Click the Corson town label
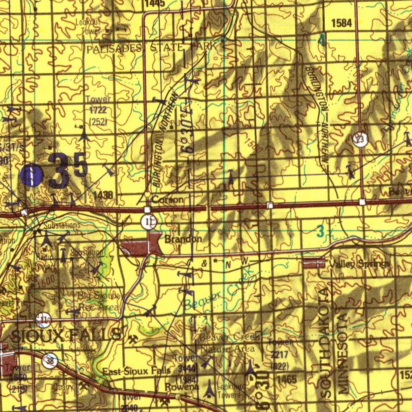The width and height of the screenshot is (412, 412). (x=168, y=200)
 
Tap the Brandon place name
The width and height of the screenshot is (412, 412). (x=183, y=239)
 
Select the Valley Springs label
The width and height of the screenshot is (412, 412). (x=359, y=264)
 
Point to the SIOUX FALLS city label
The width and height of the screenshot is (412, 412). (x=66, y=335)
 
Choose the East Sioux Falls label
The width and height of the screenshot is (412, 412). (x=136, y=371)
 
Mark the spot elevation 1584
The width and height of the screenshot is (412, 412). (x=341, y=23)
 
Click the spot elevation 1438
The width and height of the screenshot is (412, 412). (x=103, y=195)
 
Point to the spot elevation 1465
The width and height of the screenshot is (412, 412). (x=287, y=379)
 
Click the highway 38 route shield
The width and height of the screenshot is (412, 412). (x=50, y=360)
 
